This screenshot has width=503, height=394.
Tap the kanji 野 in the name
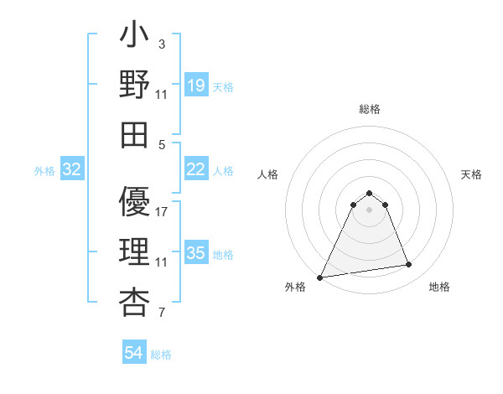click(135, 86)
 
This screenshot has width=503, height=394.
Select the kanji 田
click(135, 133)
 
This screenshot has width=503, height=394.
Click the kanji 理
click(135, 253)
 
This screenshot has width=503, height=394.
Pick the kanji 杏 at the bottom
click(135, 301)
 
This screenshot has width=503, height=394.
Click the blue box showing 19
click(195, 86)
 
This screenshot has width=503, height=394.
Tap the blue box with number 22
click(195, 169)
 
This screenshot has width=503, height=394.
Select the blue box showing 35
click(195, 253)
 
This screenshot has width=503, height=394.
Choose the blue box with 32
click(72, 169)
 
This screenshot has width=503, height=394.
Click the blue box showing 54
click(134, 353)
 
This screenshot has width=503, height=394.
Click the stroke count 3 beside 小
click(162, 44)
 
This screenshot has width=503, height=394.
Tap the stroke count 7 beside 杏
click(162, 314)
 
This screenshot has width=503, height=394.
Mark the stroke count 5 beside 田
click(162, 144)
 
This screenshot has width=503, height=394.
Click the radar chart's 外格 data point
click(320, 277)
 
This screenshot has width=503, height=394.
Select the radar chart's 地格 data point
click(408, 265)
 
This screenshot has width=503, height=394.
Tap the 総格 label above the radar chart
click(369, 110)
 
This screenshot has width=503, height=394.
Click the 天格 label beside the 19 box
click(223, 86)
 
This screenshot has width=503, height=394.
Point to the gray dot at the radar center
click(369, 210)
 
